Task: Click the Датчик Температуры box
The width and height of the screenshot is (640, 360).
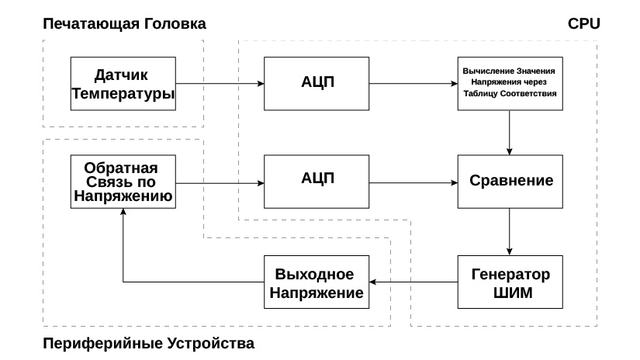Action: coord(122,84)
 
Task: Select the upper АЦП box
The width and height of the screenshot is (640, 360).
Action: coord(316,84)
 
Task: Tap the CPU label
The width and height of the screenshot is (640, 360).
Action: coord(584,23)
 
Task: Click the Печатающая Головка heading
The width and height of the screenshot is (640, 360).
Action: coord(123,23)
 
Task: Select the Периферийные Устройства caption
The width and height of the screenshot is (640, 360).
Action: coord(147,342)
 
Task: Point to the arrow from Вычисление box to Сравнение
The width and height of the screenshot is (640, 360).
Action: coord(510,132)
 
